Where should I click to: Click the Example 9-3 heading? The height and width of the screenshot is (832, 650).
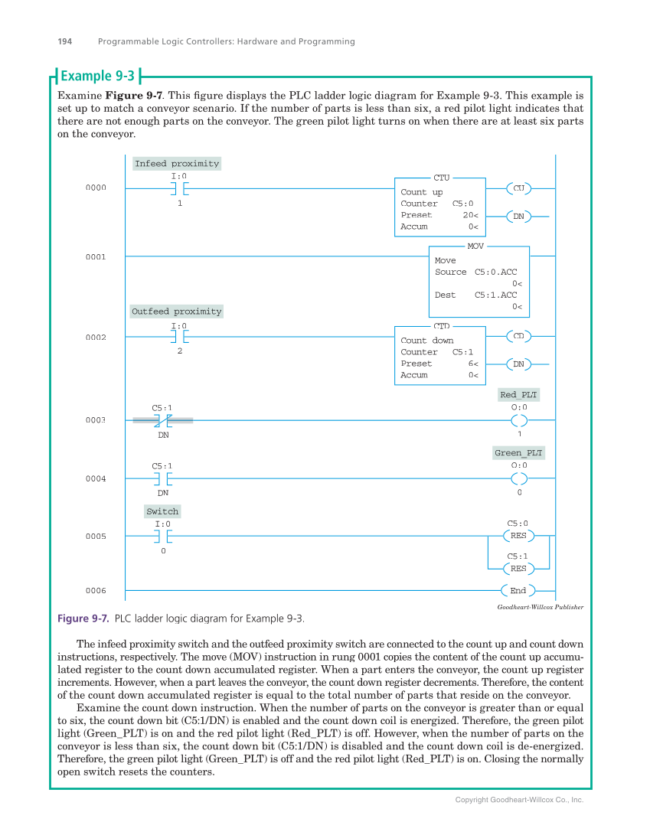point(97,76)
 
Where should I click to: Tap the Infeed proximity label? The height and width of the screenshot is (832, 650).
point(176,163)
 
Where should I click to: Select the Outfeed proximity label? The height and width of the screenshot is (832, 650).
point(176,312)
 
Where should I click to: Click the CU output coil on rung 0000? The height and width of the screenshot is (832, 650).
point(518,188)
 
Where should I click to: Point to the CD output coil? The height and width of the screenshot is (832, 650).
point(518,336)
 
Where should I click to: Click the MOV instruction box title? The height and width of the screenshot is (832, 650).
point(475,246)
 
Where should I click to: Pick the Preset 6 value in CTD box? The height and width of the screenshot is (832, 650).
point(473,364)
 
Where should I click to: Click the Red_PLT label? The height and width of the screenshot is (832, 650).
point(518,395)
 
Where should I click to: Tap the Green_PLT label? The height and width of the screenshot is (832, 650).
point(518,453)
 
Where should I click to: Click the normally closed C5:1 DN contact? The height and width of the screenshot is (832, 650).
point(162,420)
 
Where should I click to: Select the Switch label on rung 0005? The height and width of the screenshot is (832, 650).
point(162,511)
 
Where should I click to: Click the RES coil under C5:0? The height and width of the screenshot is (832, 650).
point(518,536)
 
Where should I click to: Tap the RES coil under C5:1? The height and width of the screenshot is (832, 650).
point(518,568)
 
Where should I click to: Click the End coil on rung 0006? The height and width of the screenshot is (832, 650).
point(518,591)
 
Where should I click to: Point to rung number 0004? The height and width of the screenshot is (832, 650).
point(96,478)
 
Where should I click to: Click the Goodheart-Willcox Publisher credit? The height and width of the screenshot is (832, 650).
point(540,607)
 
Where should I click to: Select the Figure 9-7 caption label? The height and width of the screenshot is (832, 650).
point(83,618)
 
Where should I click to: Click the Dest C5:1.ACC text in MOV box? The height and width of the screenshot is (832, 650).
point(475,295)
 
